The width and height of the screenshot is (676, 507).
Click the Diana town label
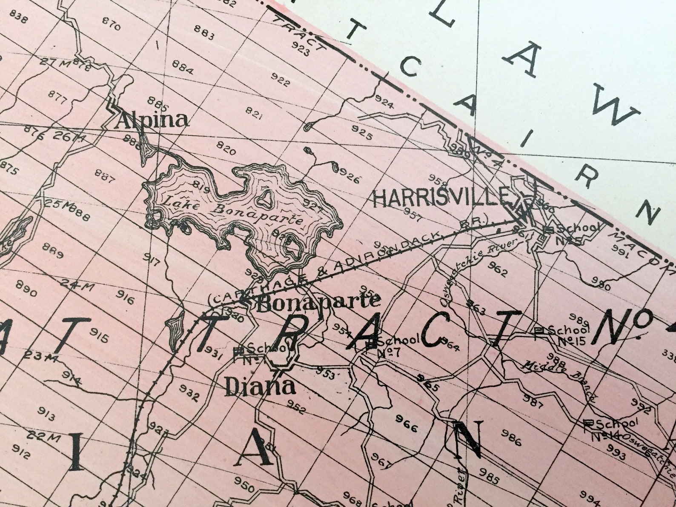pyautogui.click(x=260, y=387)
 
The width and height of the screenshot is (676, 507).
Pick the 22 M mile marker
pyautogui.click(x=41, y=436)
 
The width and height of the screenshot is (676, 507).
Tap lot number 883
pyautogui.click(x=204, y=32)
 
